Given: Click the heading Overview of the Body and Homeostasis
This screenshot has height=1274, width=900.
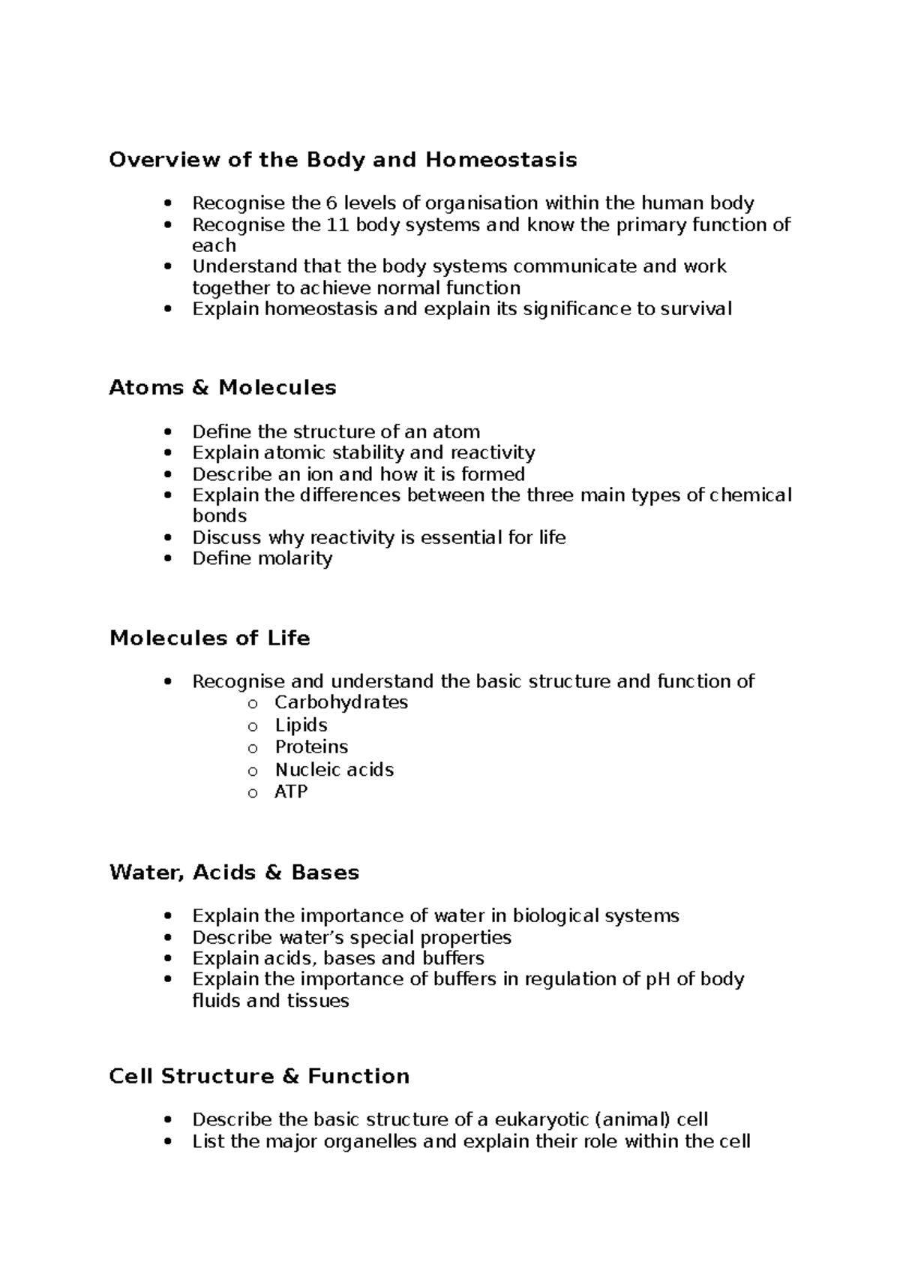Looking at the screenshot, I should [343, 160].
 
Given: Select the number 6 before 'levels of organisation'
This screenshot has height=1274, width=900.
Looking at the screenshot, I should [331, 203].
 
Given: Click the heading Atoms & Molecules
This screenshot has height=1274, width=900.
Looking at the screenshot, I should [223, 388].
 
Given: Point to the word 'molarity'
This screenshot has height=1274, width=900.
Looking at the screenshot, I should [295, 558].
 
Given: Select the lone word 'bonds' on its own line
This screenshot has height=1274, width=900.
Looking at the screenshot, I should [219, 516].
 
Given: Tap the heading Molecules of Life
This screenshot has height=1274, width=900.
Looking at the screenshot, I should [209, 639].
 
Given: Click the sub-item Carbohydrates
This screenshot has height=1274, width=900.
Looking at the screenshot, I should [341, 702].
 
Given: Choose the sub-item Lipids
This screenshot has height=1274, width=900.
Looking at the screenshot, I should [301, 725].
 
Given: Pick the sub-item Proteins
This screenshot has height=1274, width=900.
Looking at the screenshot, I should [311, 747].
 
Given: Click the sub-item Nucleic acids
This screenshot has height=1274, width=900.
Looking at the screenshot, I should [334, 770].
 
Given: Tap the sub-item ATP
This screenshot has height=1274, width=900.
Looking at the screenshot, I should [291, 792].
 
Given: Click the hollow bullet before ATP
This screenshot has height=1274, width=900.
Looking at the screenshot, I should [253, 793].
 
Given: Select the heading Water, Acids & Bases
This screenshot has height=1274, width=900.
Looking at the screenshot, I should [234, 873].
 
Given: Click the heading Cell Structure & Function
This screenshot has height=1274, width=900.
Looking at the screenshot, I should [259, 1077].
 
